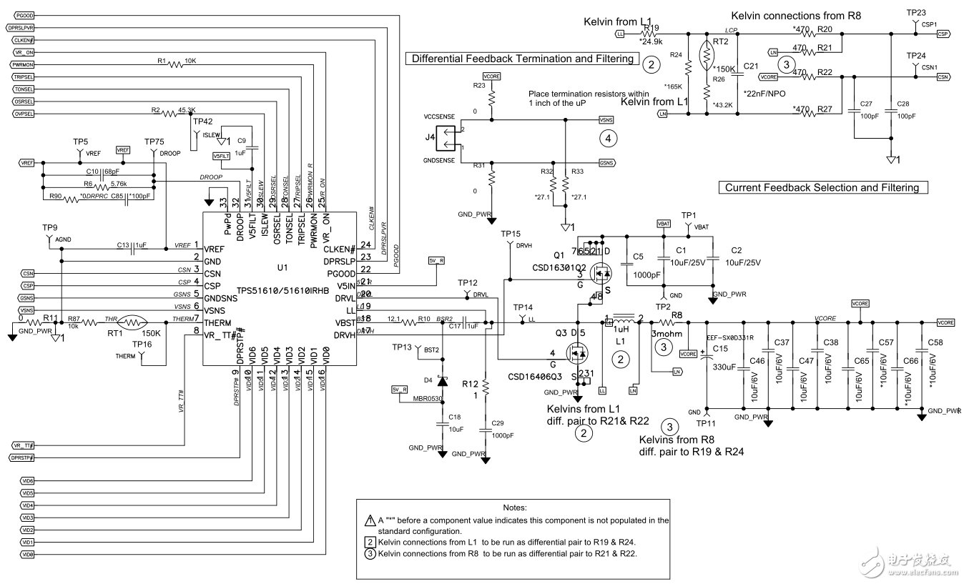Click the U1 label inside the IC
pyautogui.click(x=282, y=267)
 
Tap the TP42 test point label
pyautogui.click(x=202, y=122)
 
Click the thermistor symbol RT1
pyautogui.click(x=128, y=322)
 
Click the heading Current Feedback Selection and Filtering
pyautogui.click(x=822, y=187)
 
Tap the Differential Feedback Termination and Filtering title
pyautogui.click(x=522, y=59)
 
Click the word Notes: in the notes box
pyautogui.click(x=514, y=507)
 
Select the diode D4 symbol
pyautogui.click(x=441, y=381)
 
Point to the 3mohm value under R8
pyautogui.click(x=667, y=333)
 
